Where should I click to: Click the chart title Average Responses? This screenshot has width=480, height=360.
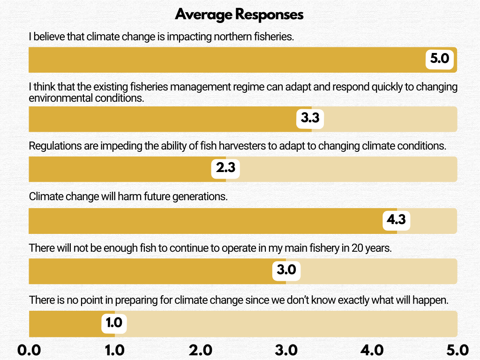tap(240, 15)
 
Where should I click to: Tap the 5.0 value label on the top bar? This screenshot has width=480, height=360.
tap(440, 59)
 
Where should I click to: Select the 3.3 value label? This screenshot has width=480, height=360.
tap(310, 118)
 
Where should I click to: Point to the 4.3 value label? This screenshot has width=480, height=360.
tap(396, 220)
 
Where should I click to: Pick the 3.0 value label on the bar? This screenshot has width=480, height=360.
tap(286, 270)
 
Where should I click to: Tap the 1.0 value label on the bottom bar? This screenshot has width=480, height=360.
tap(114, 322)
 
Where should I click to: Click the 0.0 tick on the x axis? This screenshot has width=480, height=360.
tap(29, 350)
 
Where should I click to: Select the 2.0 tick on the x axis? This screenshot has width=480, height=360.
tap(200, 350)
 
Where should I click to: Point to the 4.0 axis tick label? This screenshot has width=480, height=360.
tap(372, 350)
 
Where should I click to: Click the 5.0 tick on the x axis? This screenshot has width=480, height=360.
tap(457, 350)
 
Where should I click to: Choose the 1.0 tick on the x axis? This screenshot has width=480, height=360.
tap(114, 350)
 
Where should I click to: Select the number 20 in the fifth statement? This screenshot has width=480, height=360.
tap(357, 248)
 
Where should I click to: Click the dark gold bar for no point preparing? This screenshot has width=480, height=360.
tap(66, 324)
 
